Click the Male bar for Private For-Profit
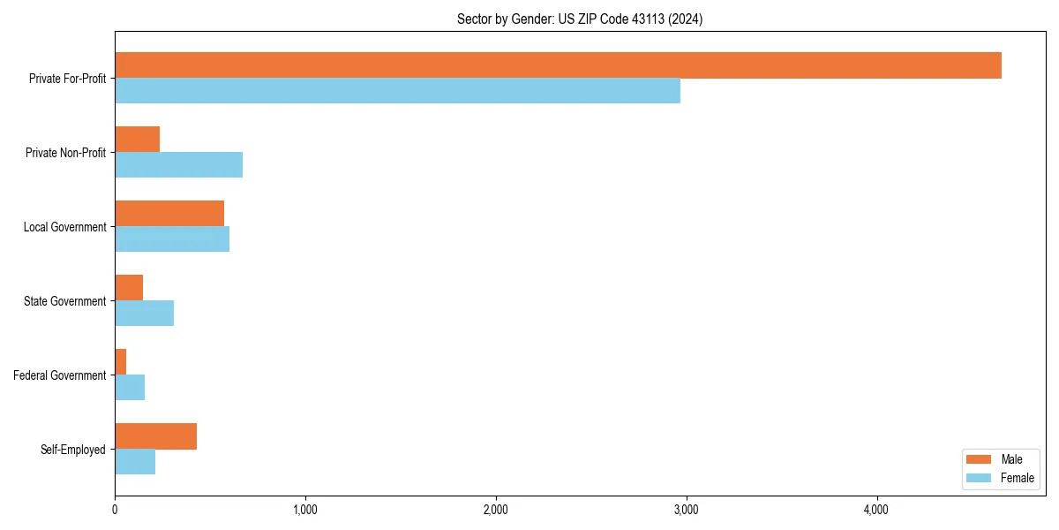558,65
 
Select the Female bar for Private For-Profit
397,90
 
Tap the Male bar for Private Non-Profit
137,140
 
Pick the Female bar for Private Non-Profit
178,164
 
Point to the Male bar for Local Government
169,214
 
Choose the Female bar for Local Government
172,238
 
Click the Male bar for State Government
129,288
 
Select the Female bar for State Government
144,313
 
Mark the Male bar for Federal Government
121,362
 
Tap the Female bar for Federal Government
130,387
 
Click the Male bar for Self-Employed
155,436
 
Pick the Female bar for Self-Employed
135,461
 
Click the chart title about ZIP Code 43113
580,19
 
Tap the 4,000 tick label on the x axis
876,510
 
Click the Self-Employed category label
73,450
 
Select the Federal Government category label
60,375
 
